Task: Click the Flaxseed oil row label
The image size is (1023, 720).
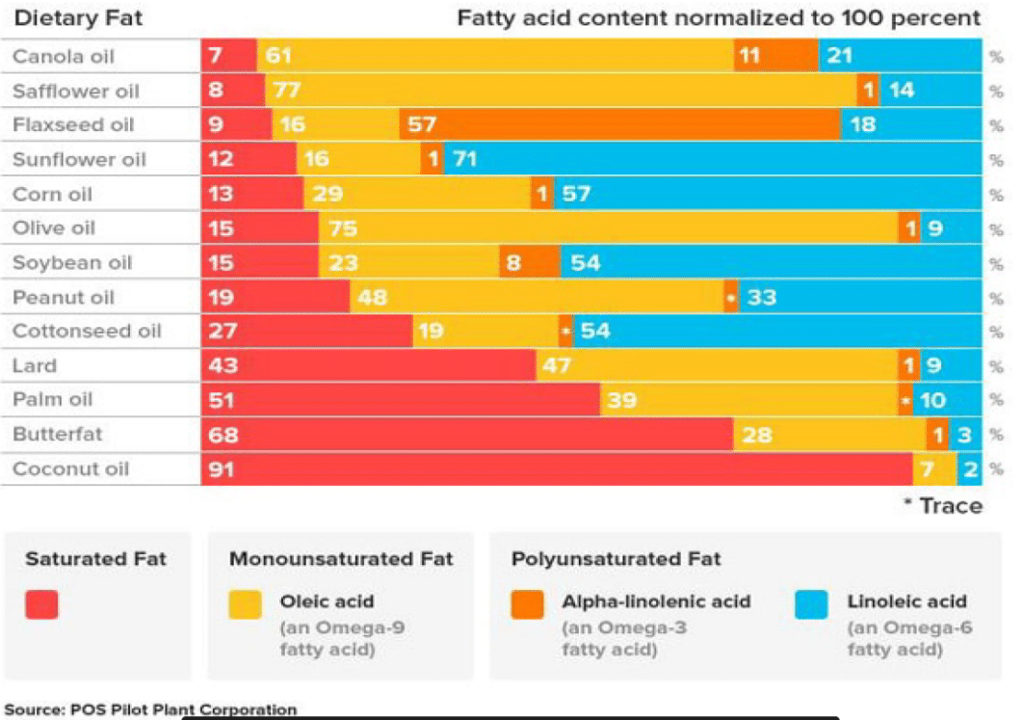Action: pos(72,125)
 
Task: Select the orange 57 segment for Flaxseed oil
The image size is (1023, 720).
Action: pos(619,125)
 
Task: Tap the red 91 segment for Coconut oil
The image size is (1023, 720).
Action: pos(556,469)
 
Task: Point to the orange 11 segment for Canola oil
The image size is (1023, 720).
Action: pos(775,56)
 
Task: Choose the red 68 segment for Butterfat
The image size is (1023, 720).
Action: pos(466,435)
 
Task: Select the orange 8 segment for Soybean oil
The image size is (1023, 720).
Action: pos(530,262)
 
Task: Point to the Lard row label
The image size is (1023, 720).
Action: pos(35,366)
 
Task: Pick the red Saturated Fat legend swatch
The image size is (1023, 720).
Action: pos(41,604)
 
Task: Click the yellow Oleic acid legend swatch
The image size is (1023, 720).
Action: pos(246,604)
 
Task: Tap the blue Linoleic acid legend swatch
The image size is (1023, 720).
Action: pos(811,604)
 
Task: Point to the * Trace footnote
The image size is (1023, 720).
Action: pos(942,506)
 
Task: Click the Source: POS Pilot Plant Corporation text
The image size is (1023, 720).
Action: pos(150,709)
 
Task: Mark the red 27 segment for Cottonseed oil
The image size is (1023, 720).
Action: pos(306,332)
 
